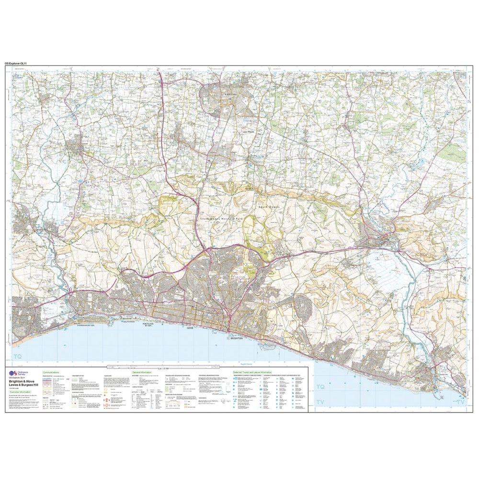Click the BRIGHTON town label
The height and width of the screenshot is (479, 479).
click(237, 338)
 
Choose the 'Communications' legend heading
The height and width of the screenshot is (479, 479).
click(51, 372)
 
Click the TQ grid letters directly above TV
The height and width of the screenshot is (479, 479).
click(320, 387)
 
